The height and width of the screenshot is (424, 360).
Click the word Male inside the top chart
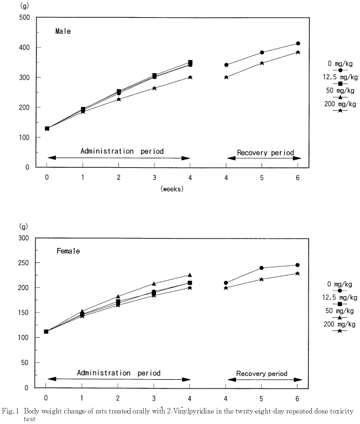click(62, 32)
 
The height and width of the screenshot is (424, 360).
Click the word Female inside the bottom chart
click(69, 251)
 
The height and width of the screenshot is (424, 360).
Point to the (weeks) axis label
click(172, 189)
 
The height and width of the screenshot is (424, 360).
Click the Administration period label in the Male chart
click(122, 151)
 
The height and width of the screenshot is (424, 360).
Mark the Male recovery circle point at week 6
click(298, 43)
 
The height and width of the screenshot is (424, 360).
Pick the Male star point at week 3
click(154, 88)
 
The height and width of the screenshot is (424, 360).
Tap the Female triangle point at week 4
click(190, 275)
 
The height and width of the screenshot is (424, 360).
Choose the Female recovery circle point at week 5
click(262, 268)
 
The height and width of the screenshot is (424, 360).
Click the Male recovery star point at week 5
click(262, 63)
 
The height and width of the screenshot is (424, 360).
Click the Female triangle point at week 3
click(154, 284)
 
